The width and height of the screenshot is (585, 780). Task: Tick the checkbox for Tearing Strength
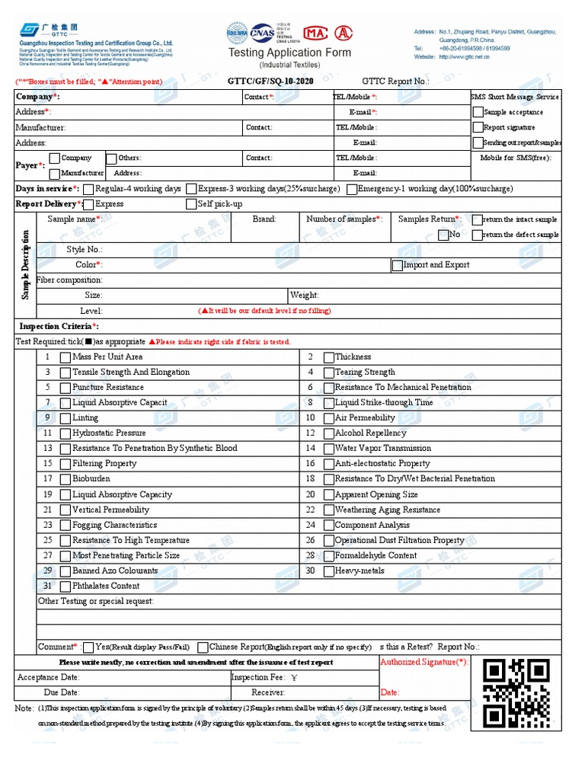(x=329, y=372)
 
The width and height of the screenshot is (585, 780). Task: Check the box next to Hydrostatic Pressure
(x=66, y=433)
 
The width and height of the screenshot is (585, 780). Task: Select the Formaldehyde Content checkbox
(x=329, y=556)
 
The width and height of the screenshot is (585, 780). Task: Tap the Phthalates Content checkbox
(x=66, y=587)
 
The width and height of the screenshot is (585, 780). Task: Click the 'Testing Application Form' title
(x=290, y=53)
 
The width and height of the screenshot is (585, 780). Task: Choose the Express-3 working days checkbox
(x=191, y=189)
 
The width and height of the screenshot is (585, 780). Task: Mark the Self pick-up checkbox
(x=191, y=204)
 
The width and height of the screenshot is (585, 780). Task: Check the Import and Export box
(x=397, y=266)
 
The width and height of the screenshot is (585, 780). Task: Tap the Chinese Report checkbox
(x=203, y=647)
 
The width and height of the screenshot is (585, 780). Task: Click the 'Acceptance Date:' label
(x=48, y=677)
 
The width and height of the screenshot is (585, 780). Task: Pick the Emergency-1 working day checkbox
(x=351, y=189)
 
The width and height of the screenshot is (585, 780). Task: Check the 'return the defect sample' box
(x=477, y=235)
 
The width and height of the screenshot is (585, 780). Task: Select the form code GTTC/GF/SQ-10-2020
(x=270, y=81)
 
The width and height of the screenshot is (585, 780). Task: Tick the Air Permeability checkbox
(x=329, y=418)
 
